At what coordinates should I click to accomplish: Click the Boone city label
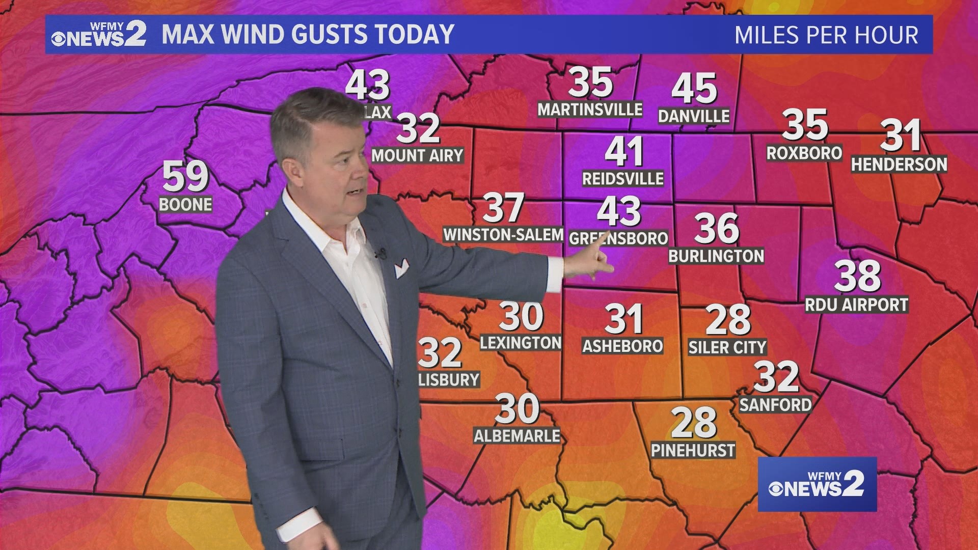pyautogui.click(x=185, y=205)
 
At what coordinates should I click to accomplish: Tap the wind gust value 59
pyautogui.click(x=185, y=176)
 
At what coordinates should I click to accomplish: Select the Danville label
pyautogui.click(x=694, y=116)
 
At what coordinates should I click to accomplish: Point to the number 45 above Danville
pyautogui.click(x=694, y=88)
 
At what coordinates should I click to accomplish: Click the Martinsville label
pyautogui.click(x=590, y=109)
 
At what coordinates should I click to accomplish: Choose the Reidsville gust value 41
pyautogui.click(x=623, y=152)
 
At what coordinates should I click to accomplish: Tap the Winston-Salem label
pyautogui.click(x=503, y=235)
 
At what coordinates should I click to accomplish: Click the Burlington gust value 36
pyautogui.click(x=716, y=229)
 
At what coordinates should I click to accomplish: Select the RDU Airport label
pyautogui.click(x=856, y=305)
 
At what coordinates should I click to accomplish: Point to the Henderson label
pyautogui.click(x=899, y=164)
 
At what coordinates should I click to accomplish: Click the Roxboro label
pyautogui.click(x=804, y=153)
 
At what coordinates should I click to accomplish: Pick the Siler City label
pyautogui.click(x=727, y=347)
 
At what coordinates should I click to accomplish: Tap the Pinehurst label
pyautogui.click(x=693, y=450)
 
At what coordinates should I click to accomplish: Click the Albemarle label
pyautogui.click(x=517, y=436)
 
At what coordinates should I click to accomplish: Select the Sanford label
pyautogui.click(x=775, y=405)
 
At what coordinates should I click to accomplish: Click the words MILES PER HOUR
pyautogui.click(x=826, y=35)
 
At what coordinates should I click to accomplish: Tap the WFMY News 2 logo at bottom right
pyautogui.click(x=817, y=484)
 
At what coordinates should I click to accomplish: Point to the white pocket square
pyautogui.click(x=401, y=267)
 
